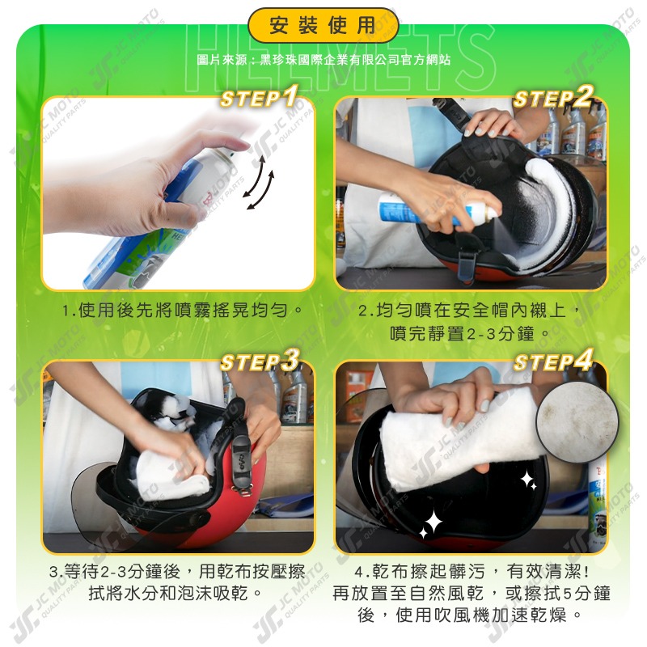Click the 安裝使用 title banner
(x=323, y=26)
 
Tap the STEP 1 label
(x=260, y=99)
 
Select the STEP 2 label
(x=553, y=99)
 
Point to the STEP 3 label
(x=260, y=362)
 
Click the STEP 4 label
(x=553, y=362)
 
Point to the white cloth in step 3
(x=166, y=477)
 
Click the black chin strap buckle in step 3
(x=242, y=461)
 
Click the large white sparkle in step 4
(x=433, y=522)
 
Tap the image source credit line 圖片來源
(x=323, y=60)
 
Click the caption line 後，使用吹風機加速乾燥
(x=472, y=615)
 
